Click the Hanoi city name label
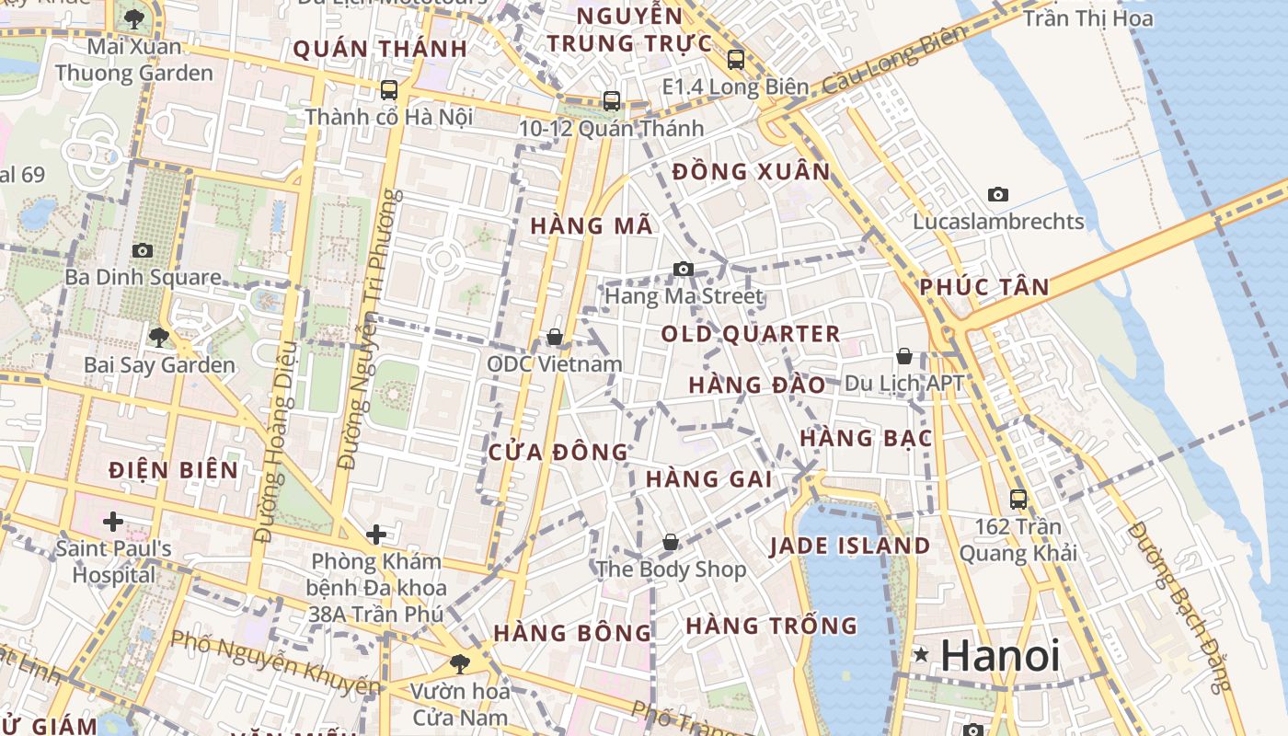click(x=1000, y=656)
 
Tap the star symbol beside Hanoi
click(x=921, y=655)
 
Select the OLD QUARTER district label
click(x=751, y=334)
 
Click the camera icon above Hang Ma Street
click(x=683, y=269)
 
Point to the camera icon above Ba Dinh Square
click(x=142, y=250)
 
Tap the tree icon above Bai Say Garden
click(x=159, y=338)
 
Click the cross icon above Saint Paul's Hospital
click(x=113, y=522)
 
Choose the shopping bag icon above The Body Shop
click(x=671, y=542)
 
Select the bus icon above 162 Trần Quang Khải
click(x=1018, y=500)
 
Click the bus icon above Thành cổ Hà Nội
click(x=389, y=90)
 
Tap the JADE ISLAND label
click(x=850, y=546)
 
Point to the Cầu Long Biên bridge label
click(x=895, y=59)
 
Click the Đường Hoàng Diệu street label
click(x=276, y=442)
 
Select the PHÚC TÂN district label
click(x=984, y=287)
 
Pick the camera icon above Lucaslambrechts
click(x=998, y=194)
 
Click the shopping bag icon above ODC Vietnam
click(x=555, y=337)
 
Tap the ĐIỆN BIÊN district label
click(x=173, y=470)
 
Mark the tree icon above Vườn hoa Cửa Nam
click(x=460, y=662)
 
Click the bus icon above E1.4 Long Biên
click(x=735, y=60)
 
